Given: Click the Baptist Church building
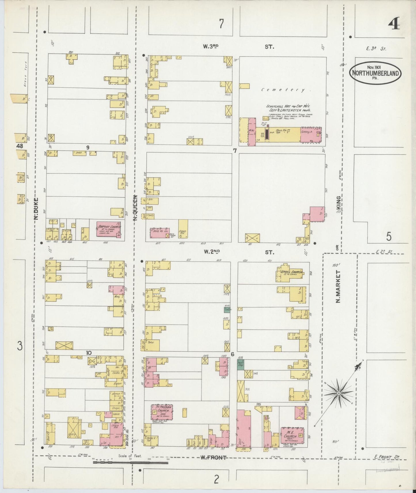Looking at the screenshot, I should pyautogui.click(x=108, y=229).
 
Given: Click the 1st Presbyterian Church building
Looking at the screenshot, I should pyautogui.click(x=162, y=412).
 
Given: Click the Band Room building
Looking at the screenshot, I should pyautogui.click(x=183, y=229).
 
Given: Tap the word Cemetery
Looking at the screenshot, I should pyautogui.click(x=283, y=90).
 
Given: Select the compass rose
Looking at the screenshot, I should pyautogui.click(x=339, y=393).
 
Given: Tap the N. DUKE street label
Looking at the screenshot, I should pyautogui.click(x=36, y=208).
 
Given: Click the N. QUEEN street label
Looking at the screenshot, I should pyautogui.click(x=135, y=208).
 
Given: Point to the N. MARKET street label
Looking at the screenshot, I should pyautogui.click(x=338, y=286).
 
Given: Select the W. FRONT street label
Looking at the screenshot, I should pyautogui.click(x=213, y=457).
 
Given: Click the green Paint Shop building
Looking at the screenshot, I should pyautogui.click(x=240, y=364).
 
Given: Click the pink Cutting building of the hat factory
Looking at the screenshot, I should pyautogui.click(x=311, y=134).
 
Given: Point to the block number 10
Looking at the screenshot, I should pyautogui.click(x=89, y=353).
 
